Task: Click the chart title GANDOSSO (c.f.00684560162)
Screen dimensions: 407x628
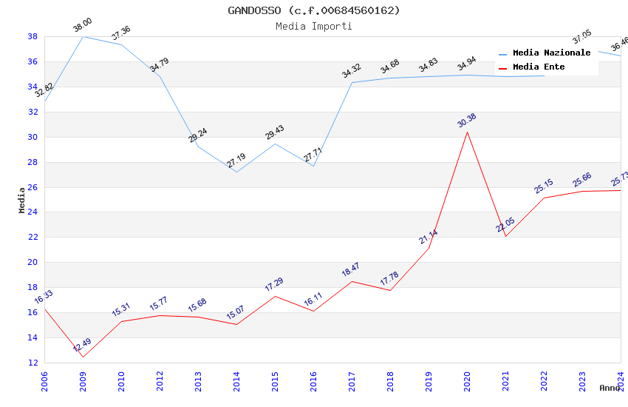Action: click(x=314, y=10)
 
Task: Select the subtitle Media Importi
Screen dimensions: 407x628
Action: click(x=314, y=26)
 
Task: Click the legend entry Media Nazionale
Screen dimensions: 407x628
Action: click(x=551, y=53)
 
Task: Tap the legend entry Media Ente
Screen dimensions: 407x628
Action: click(x=539, y=67)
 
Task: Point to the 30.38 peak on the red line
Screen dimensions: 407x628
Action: click(x=467, y=132)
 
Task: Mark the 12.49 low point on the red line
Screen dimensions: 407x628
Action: click(x=83, y=357)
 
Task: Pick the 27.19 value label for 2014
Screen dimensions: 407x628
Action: click(x=236, y=161)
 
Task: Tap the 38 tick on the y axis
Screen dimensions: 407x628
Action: click(x=33, y=36)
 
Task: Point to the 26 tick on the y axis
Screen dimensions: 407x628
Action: click(x=33, y=187)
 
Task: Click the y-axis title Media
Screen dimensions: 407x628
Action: click(x=22, y=200)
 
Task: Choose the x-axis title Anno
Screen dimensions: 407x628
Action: click(x=609, y=388)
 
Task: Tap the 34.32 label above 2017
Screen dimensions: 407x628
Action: click(x=352, y=71)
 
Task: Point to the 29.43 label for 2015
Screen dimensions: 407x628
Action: click(x=275, y=132)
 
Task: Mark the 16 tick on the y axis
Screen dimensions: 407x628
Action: click(x=33, y=312)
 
